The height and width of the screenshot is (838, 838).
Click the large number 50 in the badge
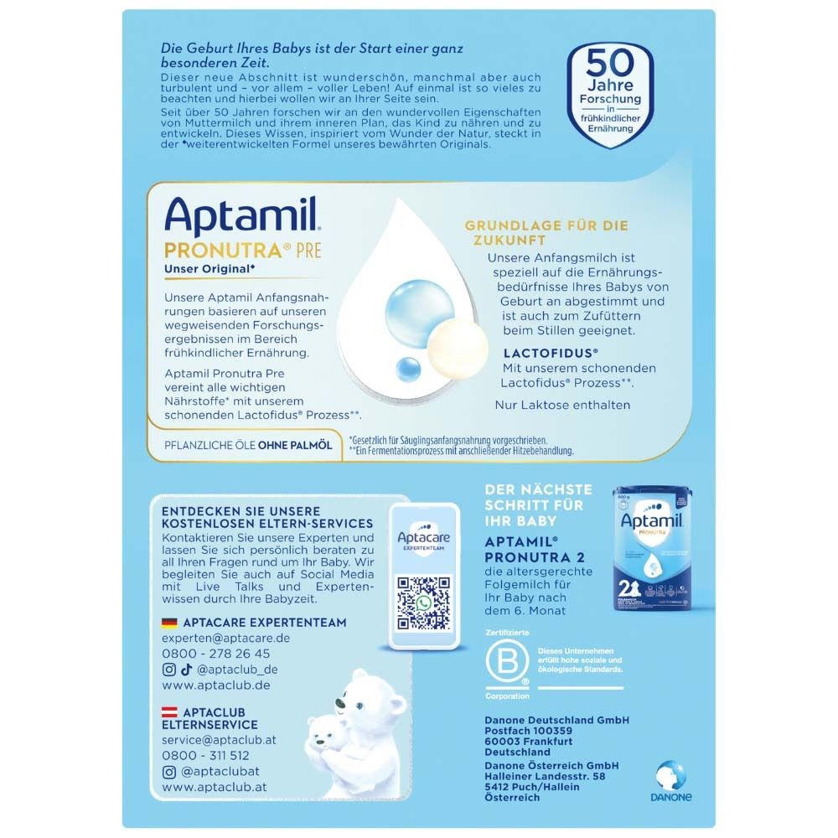point(610,63)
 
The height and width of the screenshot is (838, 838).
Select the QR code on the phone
point(424,603)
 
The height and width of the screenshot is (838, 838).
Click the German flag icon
point(169,623)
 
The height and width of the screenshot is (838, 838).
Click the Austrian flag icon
point(169,712)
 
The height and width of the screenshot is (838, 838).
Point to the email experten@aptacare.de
point(226,638)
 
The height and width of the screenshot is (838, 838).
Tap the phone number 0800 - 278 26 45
point(216,654)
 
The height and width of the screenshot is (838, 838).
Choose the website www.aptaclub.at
point(215,787)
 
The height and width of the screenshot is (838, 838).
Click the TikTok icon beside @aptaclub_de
point(186,670)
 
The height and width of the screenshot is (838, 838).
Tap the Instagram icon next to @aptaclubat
point(169,772)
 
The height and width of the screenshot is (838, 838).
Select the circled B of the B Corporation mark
point(507,662)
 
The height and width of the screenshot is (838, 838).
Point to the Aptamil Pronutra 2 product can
point(652,548)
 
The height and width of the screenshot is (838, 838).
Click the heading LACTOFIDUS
point(551,354)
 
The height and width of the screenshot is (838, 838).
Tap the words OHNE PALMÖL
point(295,445)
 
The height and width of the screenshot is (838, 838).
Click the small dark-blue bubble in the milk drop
point(409,370)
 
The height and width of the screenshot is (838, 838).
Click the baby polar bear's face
point(323,737)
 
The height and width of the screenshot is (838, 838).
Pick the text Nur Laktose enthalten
point(562,405)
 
